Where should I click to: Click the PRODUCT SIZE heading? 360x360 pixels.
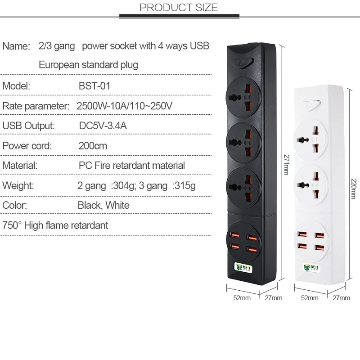(179, 8)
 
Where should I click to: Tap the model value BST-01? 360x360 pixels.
(94, 86)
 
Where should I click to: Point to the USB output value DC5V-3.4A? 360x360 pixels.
(103, 126)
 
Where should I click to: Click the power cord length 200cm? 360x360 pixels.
(93, 146)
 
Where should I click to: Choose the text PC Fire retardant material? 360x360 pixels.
(131, 166)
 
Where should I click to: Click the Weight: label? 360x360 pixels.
(18, 185)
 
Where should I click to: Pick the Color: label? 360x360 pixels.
(15, 205)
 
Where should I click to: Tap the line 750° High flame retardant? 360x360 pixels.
(55, 225)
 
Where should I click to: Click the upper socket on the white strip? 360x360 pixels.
(311, 140)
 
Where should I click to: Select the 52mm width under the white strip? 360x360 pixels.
(309, 297)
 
